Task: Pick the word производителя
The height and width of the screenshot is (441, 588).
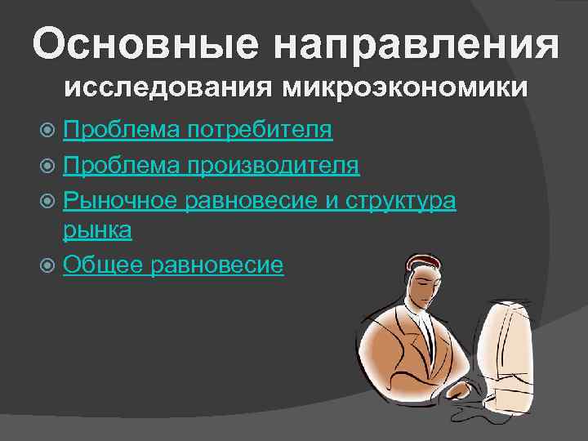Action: pyautogui.click(x=272, y=165)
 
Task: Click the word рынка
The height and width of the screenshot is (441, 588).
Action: pyautogui.click(x=97, y=231)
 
